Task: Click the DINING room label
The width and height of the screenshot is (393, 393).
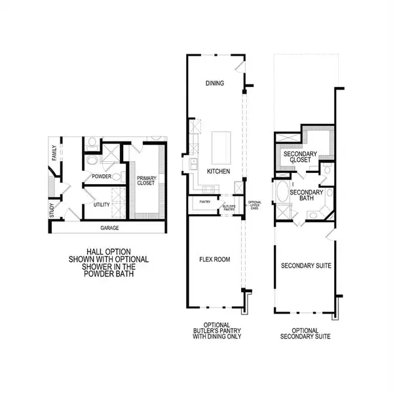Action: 214,83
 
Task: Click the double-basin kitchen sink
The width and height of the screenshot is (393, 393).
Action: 193,163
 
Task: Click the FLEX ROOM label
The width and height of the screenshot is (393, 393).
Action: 215,259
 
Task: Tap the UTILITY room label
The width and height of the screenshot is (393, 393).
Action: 102,205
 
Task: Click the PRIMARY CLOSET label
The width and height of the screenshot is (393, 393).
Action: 146,181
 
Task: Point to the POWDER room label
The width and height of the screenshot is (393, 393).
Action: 102,176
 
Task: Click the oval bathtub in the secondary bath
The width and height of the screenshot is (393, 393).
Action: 282,195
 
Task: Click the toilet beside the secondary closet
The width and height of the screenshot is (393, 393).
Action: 327,172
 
